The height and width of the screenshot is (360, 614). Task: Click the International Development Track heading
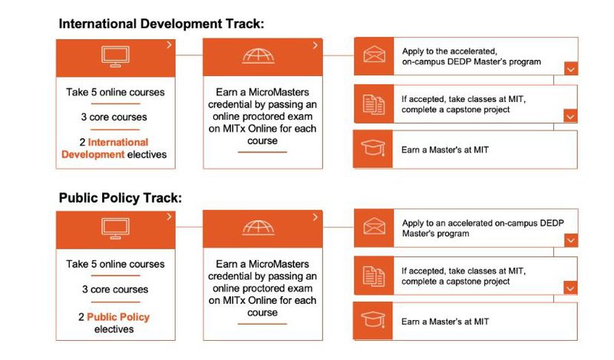tap(161, 24)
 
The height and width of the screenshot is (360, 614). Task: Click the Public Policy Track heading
tap(120, 198)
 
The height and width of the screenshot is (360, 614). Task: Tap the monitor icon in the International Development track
tap(115, 55)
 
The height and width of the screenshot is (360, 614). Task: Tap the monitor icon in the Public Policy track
tap(115, 228)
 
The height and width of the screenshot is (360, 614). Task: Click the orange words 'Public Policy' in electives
tap(118, 317)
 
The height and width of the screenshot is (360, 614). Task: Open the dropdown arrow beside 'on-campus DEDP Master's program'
tap(569, 69)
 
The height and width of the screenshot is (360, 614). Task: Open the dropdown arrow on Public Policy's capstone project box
tap(569, 288)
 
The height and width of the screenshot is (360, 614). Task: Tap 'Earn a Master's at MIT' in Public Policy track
tap(445, 322)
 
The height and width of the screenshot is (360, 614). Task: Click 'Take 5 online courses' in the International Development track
tap(115, 93)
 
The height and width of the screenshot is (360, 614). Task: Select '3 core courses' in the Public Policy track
tap(115, 289)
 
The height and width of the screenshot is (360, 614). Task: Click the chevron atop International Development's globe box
tap(315, 46)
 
